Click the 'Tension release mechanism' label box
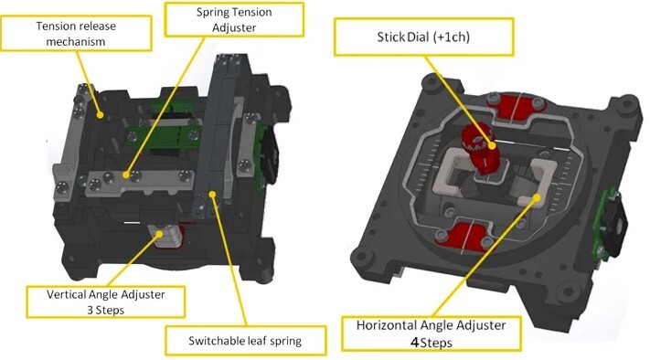tap(76, 34)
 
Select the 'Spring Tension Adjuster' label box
tap(234, 19)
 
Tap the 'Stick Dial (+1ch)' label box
tap(423, 37)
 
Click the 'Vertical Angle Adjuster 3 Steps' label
tap(105, 302)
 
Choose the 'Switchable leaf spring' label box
tap(245, 341)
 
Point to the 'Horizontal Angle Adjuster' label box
tap(432, 334)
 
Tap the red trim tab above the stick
tap(515, 107)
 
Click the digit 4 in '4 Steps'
tap(414, 343)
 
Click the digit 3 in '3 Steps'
tap(90, 311)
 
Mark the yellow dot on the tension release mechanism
tap(100, 115)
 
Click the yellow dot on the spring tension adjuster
tap(126, 175)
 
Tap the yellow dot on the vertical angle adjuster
tap(159, 235)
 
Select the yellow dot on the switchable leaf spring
tap(213, 194)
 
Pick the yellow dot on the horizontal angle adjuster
tap(537, 197)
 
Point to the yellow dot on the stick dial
tap(492, 145)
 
